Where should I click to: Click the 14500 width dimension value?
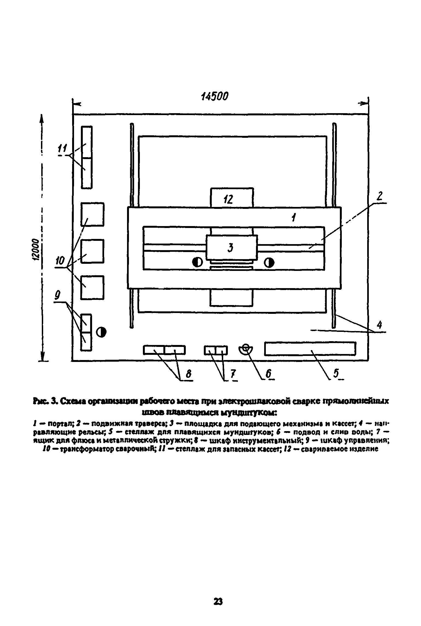(x=214, y=96)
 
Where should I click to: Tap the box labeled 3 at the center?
(x=231, y=248)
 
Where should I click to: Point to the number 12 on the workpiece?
(x=228, y=200)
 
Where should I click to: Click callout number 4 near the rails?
(x=379, y=325)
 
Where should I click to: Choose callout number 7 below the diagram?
(x=233, y=374)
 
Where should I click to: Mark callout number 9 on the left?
(x=57, y=295)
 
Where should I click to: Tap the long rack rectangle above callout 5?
(x=310, y=349)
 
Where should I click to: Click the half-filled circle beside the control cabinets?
(x=101, y=332)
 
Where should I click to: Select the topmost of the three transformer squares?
(x=93, y=214)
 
